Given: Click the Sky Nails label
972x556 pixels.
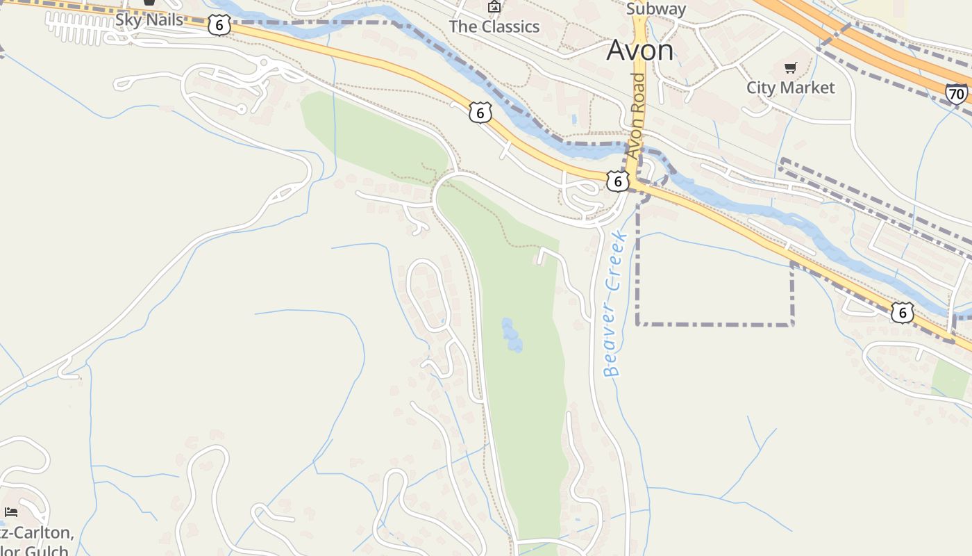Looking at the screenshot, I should (x=149, y=19).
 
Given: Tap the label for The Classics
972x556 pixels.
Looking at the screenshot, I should (x=494, y=26).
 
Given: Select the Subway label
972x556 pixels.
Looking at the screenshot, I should (x=655, y=9).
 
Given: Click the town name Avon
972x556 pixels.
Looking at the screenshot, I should (x=639, y=50).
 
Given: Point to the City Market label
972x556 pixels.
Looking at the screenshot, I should (x=790, y=88).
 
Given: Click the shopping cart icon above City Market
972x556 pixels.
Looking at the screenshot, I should (x=790, y=67).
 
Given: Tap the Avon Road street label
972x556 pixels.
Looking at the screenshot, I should (x=636, y=115).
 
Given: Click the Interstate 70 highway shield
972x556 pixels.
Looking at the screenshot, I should (x=956, y=93).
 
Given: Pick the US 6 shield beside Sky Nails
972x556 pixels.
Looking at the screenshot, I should (x=219, y=26).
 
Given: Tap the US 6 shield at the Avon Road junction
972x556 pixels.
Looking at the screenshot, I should (x=617, y=181).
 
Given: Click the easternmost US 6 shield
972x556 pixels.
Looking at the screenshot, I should (x=902, y=313).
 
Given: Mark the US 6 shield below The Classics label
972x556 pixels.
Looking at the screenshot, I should (x=480, y=113).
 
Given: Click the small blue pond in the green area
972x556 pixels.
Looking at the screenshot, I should (x=512, y=334).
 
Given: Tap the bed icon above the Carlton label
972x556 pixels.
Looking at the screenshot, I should (x=10, y=513).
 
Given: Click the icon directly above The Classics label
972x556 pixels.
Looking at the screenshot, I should (x=494, y=7).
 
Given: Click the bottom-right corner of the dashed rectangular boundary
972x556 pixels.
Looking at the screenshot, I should (x=793, y=324).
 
